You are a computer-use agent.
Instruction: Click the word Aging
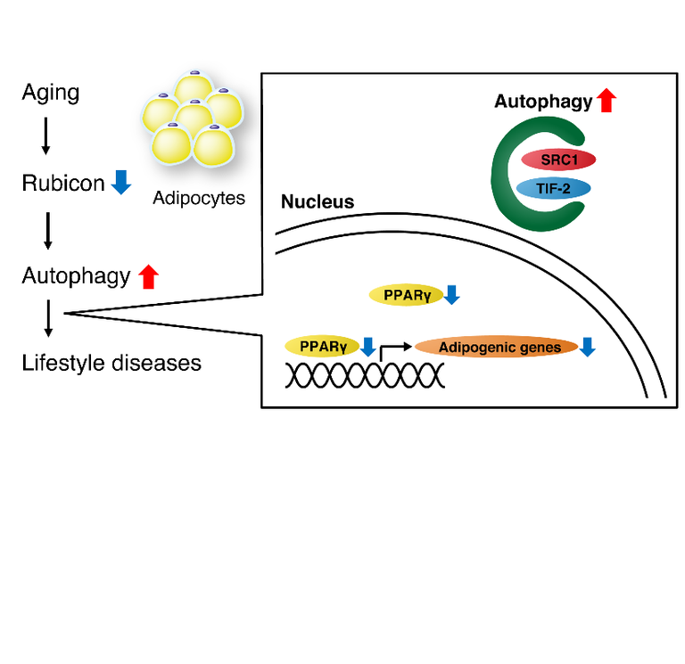tap(51, 93)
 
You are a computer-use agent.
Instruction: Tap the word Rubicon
tap(63, 184)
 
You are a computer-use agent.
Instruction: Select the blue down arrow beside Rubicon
tap(121, 183)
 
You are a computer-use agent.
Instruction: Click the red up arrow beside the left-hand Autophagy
tap(148, 276)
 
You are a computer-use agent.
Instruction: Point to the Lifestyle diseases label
tap(111, 364)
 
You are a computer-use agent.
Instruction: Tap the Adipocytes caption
tap(199, 198)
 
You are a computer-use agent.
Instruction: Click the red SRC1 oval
tap(557, 160)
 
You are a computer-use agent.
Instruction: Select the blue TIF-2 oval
tap(557, 188)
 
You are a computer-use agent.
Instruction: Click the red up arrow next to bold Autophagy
tap(607, 101)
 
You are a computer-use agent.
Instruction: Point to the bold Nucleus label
tap(318, 202)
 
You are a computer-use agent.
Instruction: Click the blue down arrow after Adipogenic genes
tap(587, 347)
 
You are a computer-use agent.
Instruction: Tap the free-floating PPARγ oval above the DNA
tap(405, 295)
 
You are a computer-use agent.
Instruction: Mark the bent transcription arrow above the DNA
tap(392, 350)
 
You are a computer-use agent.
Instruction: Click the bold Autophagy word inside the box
tap(543, 102)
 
